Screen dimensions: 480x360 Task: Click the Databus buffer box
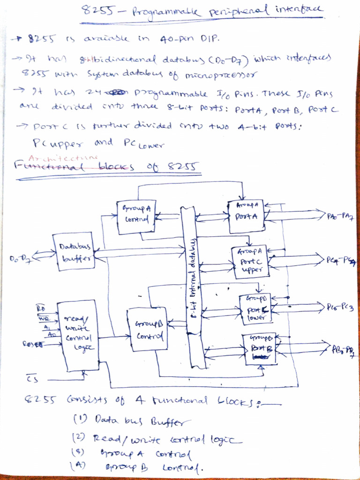pos(74,252)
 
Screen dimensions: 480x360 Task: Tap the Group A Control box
pos(136,217)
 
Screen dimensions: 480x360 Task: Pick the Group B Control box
pos(148,329)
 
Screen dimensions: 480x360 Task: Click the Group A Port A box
pos(246,216)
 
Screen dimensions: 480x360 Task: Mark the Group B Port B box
pos(258,348)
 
